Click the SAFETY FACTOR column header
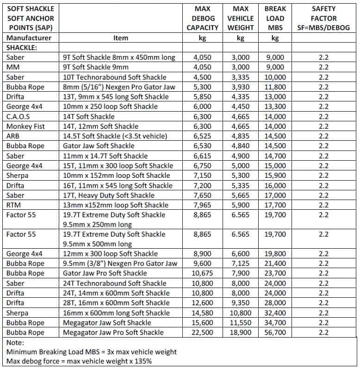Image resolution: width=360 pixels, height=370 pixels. click(x=324, y=18)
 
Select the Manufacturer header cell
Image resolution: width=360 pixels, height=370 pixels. click(x=29, y=38)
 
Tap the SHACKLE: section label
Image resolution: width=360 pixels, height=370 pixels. click(x=22, y=48)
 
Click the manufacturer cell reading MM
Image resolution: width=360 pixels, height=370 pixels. click(x=12, y=67)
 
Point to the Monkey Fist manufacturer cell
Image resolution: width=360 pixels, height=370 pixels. click(x=25, y=126)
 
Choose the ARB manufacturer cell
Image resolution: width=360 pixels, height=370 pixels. click(x=13, y=136)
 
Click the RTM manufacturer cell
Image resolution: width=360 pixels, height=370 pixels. click(x=14, y=205)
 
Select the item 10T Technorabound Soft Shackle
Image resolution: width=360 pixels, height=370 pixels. click(x=114, y=77)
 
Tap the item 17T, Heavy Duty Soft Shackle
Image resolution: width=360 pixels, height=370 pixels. click(x=109, y=195)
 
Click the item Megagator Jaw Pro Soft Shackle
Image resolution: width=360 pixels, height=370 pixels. click(x=113, y=332)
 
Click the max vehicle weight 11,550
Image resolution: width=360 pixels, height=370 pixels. click(x=240, y=323)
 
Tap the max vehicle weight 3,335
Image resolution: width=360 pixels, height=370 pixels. click(x=240, y=77)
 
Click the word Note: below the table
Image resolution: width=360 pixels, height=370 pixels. click(x=16, y=343)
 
